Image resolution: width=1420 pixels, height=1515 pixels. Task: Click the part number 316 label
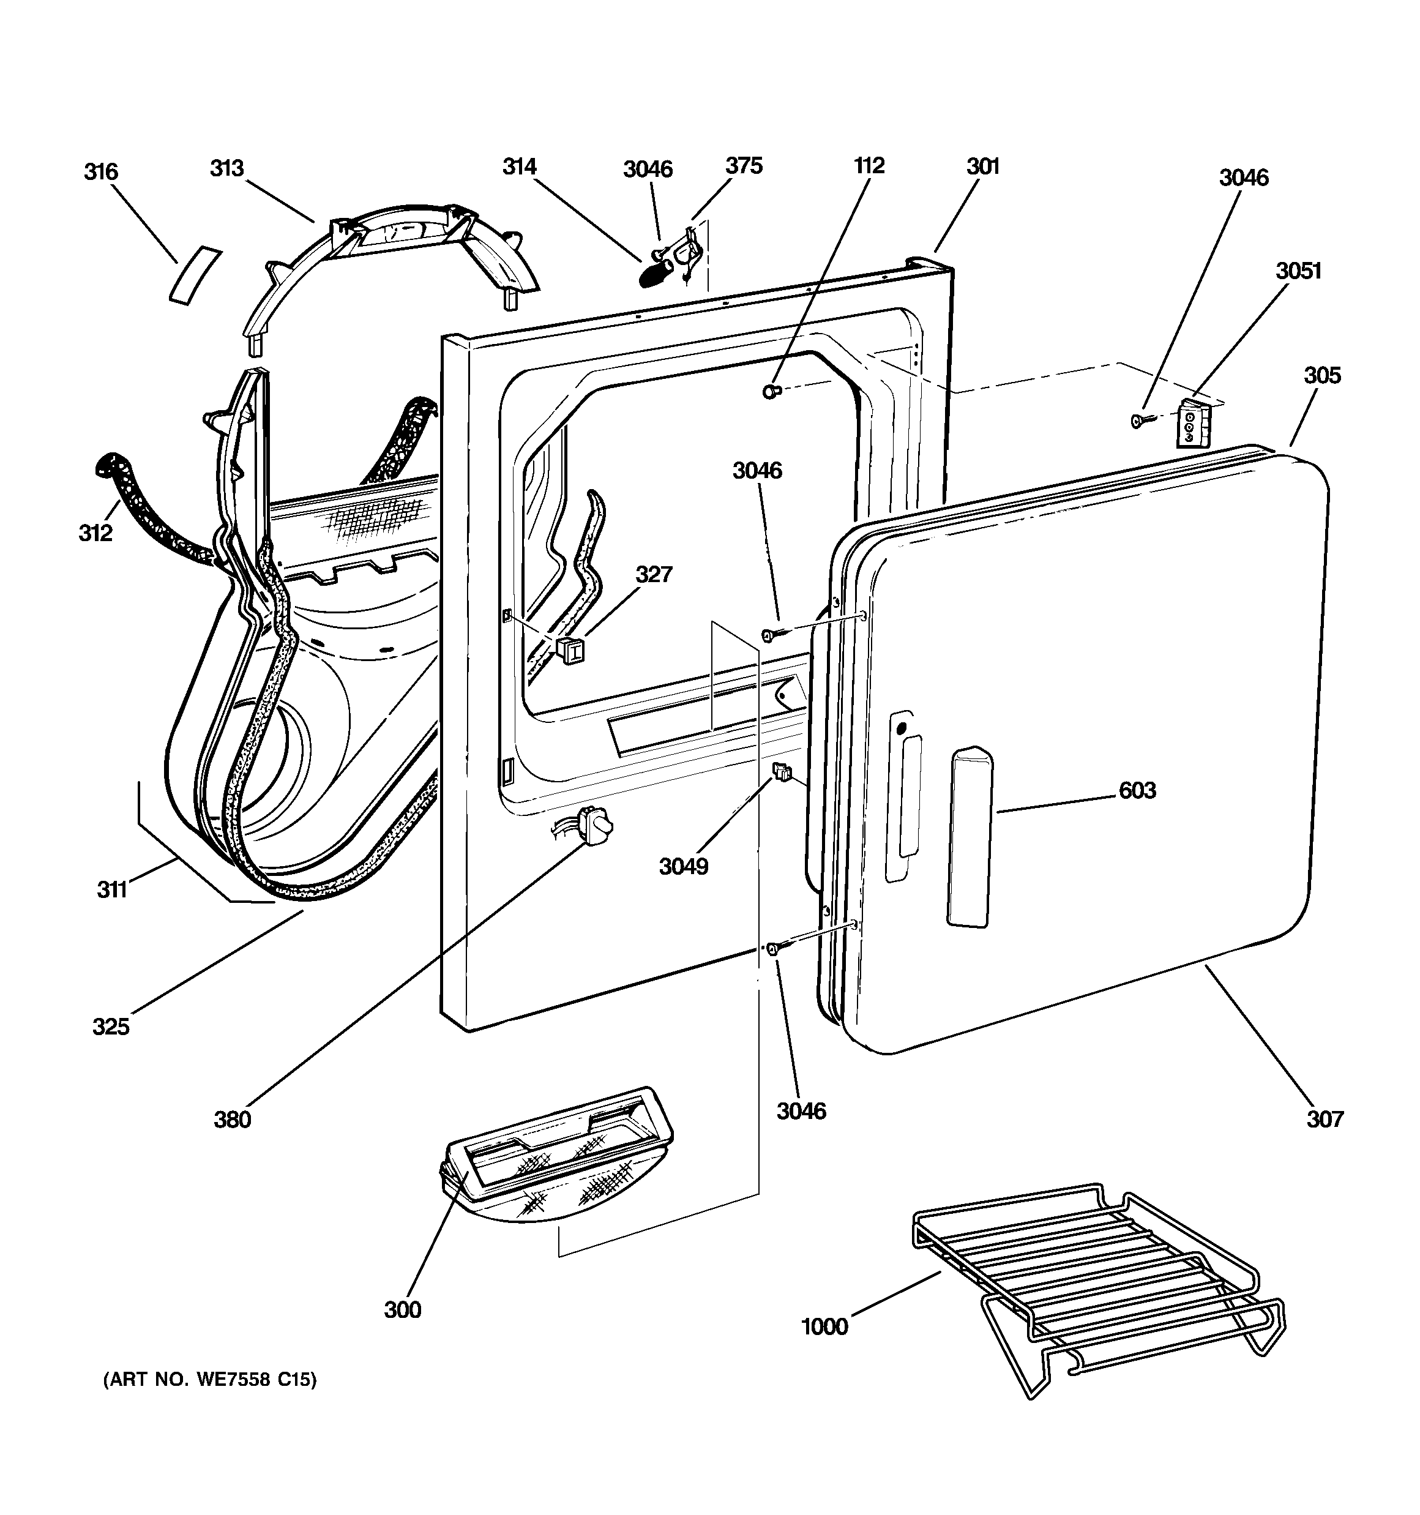(102, 171)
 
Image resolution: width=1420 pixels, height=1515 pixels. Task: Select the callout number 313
(226, 168)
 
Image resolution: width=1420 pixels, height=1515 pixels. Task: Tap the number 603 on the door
(1137, 790)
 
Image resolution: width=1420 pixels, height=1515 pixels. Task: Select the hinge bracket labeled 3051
(1194, 424)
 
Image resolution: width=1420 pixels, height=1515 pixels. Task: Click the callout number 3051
(1299, 271)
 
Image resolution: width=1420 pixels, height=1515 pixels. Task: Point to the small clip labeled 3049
(781, 772)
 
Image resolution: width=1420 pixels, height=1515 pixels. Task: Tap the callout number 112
(869, 165)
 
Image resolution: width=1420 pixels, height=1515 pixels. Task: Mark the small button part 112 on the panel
(771, 392)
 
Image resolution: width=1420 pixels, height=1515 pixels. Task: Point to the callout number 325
(111, 1027)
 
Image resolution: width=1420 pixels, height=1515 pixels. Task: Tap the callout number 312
(95, 533)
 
